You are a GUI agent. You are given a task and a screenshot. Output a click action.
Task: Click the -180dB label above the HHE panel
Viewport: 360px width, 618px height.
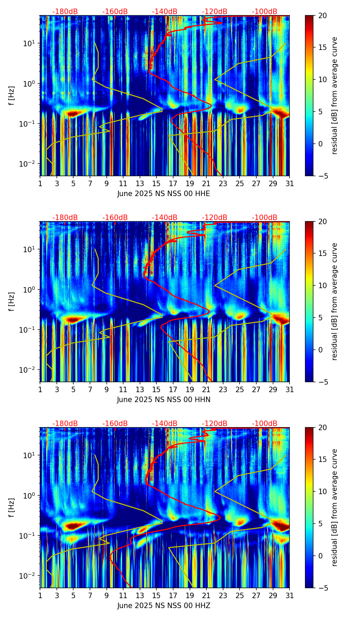[65, 12]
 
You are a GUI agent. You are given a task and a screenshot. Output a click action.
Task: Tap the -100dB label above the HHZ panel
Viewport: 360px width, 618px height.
[265, 424]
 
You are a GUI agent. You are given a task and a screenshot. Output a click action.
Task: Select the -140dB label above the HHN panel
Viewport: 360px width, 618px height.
[165, 218]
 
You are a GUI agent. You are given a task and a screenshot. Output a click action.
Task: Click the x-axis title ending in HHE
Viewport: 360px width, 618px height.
[164, 194]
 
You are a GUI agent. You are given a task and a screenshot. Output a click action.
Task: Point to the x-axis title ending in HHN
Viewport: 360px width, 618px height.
[164, 400]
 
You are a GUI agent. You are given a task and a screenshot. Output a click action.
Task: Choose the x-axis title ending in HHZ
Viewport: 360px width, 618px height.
[164, 606]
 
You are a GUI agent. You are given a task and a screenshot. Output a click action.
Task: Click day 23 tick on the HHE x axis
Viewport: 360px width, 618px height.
[223, 184]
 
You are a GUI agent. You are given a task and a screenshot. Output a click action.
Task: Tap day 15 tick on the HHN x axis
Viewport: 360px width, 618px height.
[156, 390]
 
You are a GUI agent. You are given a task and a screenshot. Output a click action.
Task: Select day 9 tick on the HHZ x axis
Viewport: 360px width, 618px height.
[106, 596]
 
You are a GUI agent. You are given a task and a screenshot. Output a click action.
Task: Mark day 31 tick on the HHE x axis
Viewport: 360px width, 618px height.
[290, 184]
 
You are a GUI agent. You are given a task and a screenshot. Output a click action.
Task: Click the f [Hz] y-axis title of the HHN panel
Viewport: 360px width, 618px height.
[12, 301]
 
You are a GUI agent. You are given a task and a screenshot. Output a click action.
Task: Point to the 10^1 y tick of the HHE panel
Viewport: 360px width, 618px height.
[30, 43]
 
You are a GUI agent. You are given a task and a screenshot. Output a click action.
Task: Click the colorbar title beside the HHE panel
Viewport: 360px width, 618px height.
[335, 95]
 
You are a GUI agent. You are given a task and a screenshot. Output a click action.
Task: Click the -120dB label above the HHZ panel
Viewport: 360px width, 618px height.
[215, 424]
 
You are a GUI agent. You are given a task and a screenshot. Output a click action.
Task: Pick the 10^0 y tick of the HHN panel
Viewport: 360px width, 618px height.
[30, 289]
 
